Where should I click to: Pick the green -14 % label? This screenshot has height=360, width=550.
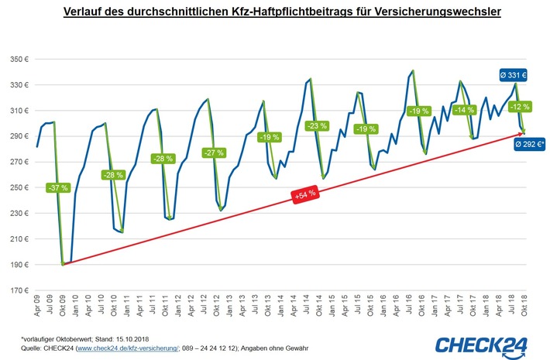click(462, 110)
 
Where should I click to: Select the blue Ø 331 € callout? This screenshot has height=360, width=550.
click(511, 75)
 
